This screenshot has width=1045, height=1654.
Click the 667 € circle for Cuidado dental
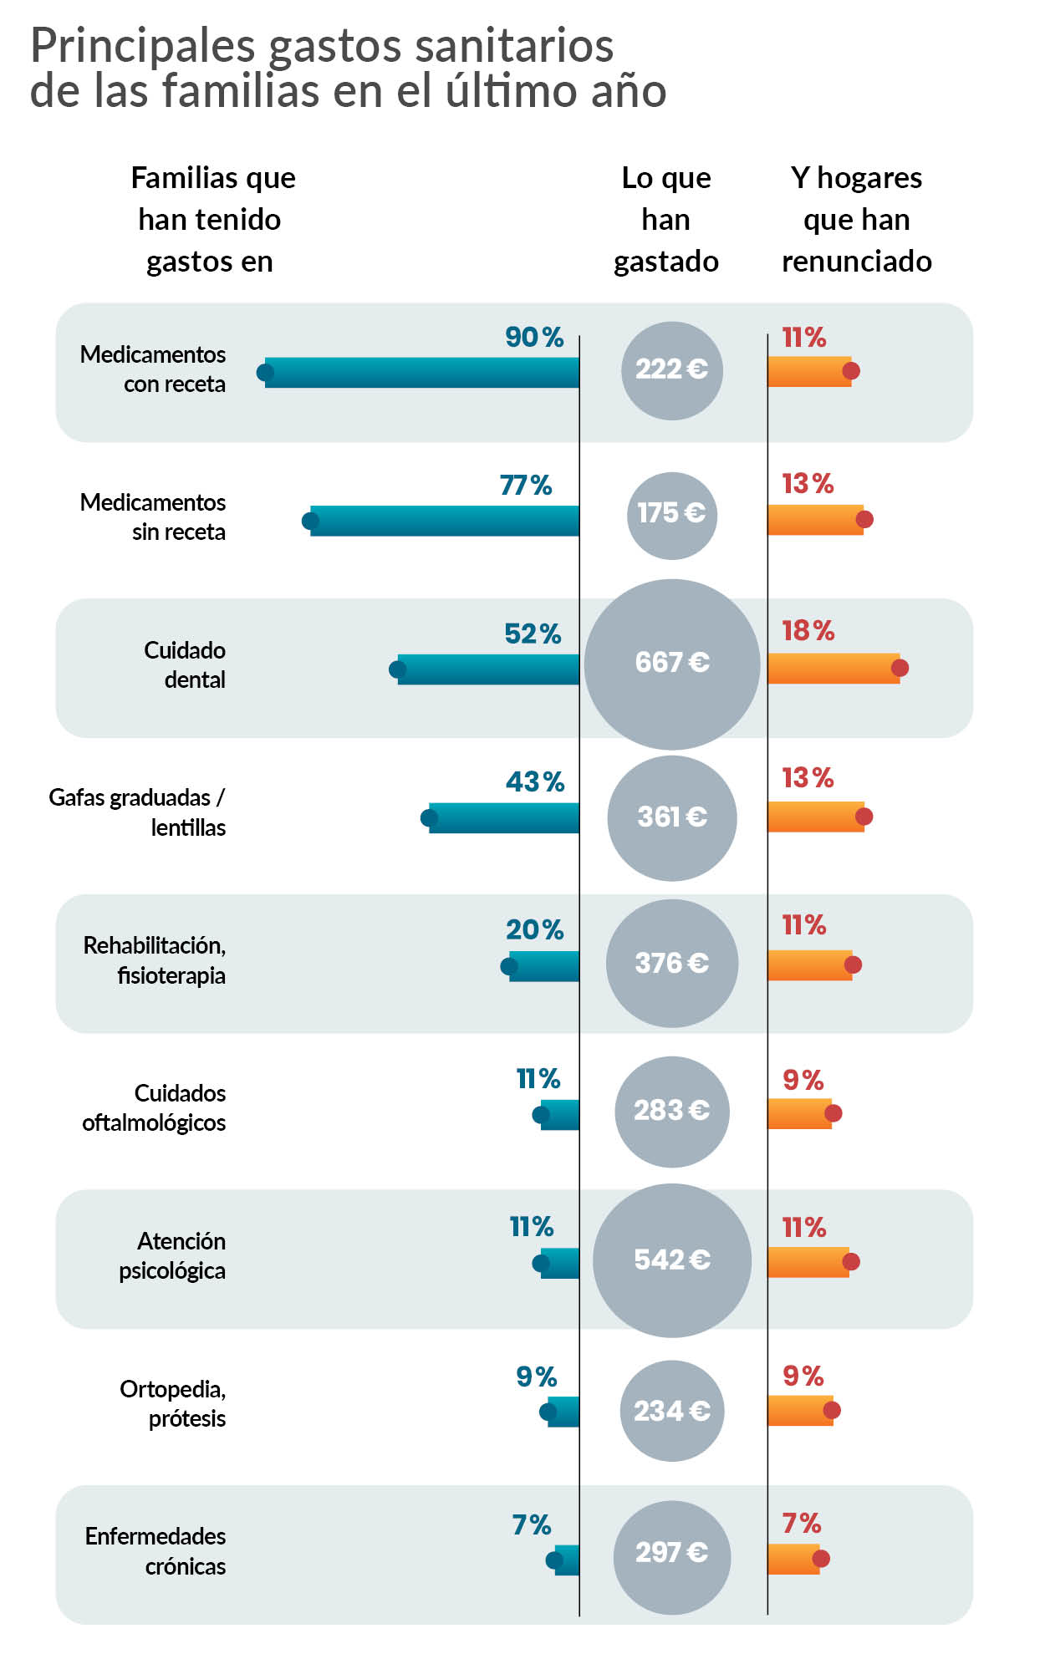click(x=671, y=664)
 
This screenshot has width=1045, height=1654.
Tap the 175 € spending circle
click(x=671, y=515)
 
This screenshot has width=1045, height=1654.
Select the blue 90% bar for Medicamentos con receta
click(x=422, y=372)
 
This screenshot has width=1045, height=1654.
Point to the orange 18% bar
click(x=833, y=668)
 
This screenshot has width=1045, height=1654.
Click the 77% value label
click(x=525, y=485)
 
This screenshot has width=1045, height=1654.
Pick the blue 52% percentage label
click(x=533, y=634)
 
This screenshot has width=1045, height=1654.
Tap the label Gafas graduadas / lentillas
click(x=138, y=812)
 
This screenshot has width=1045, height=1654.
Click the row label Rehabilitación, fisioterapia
click(x=155, y=959)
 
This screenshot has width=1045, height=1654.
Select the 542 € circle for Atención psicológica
click(x=671, y=1260)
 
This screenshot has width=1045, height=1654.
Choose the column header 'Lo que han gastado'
click(x=666, y=219)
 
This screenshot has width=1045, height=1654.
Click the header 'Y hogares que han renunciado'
click(x=856, y=219)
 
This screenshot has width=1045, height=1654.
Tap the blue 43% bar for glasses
click(x=504, y=817)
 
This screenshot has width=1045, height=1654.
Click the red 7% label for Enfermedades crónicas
click(x=801, y=1523)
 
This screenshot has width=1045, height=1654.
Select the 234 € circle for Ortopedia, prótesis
click(x=671, y=1411)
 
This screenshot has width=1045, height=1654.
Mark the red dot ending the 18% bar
click(x=900, y=668)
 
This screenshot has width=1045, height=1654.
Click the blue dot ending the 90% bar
click(x=265, y=372)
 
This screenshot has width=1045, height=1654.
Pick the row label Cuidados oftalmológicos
click(x=155, y=1107)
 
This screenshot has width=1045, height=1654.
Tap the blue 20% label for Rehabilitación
click(x=534, y=929)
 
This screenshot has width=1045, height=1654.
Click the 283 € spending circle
click(x=671, y=1111)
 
